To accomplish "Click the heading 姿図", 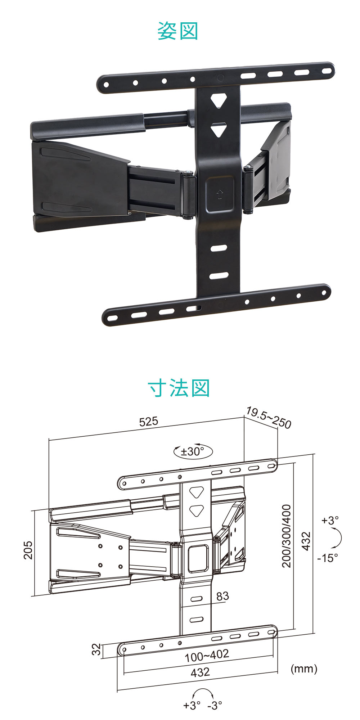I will click(178, 31).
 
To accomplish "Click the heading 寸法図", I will click(179, 388).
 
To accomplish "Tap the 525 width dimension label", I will click(149, 422).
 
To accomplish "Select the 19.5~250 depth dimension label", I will click(269, 418).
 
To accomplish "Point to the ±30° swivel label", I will click(193, 451).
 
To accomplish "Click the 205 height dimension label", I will click(28, 550).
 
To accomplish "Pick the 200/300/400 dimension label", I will click(287, 536).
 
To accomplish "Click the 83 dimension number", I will click(222, 596).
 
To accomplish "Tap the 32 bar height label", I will click(96, 649).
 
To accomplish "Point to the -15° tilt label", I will click(328, 558).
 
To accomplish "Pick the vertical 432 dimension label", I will click(306, 541).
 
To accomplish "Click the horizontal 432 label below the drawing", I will click(200, 672).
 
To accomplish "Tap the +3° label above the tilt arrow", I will click(330, 520).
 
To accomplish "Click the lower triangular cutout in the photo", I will click(219, 130).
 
